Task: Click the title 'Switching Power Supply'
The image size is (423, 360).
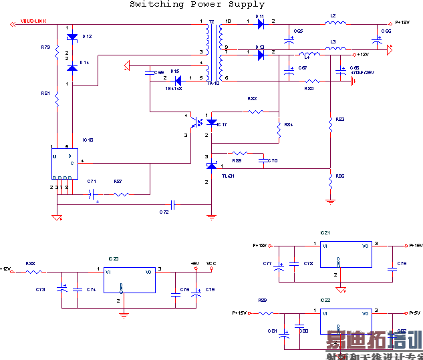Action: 197,5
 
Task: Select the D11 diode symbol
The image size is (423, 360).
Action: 261,25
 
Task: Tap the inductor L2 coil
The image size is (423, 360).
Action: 335,25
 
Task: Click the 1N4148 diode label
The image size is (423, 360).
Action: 174,87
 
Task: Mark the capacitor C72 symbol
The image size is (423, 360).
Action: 172,204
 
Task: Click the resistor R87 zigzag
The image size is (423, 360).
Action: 121,194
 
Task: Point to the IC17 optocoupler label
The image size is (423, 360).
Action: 222,125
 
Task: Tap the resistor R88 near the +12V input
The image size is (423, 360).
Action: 33,271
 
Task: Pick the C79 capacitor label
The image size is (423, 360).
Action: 402,264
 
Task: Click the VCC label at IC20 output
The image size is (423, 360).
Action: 211,263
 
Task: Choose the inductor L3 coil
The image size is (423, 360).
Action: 335,49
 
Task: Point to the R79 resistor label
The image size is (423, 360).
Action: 45,47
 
